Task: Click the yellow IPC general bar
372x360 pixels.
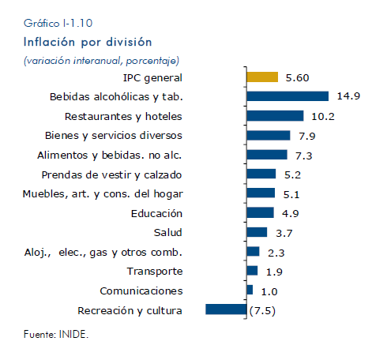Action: click(262, 77)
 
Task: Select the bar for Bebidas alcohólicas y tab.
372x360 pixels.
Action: click(287, 96)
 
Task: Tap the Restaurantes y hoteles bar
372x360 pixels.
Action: click(275, 116)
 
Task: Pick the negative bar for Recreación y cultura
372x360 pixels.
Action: click(226, 309)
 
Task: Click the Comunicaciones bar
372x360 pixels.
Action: click(250, 290)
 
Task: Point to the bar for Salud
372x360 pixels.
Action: click(257, 232)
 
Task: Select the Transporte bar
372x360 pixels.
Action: click(252, 271)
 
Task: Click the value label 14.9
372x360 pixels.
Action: click(348, 96)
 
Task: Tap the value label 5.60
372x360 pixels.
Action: click(297, 77)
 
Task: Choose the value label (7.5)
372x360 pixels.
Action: click(262, 311)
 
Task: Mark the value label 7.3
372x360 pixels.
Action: click(303, 156)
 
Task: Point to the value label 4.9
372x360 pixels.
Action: click(291, 213)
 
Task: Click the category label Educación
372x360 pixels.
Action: click(156, 213)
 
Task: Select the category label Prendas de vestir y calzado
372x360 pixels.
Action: click(111, 175)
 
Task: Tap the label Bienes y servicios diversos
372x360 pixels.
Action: click(114, 136)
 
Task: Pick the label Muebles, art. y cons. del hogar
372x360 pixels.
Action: click(103, 194)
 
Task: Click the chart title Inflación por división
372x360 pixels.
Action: click(88, 42)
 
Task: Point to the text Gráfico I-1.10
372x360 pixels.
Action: click(58, 23)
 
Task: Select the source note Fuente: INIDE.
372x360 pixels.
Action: click(56, 334)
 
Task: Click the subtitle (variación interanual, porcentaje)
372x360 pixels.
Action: click(101, 61)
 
